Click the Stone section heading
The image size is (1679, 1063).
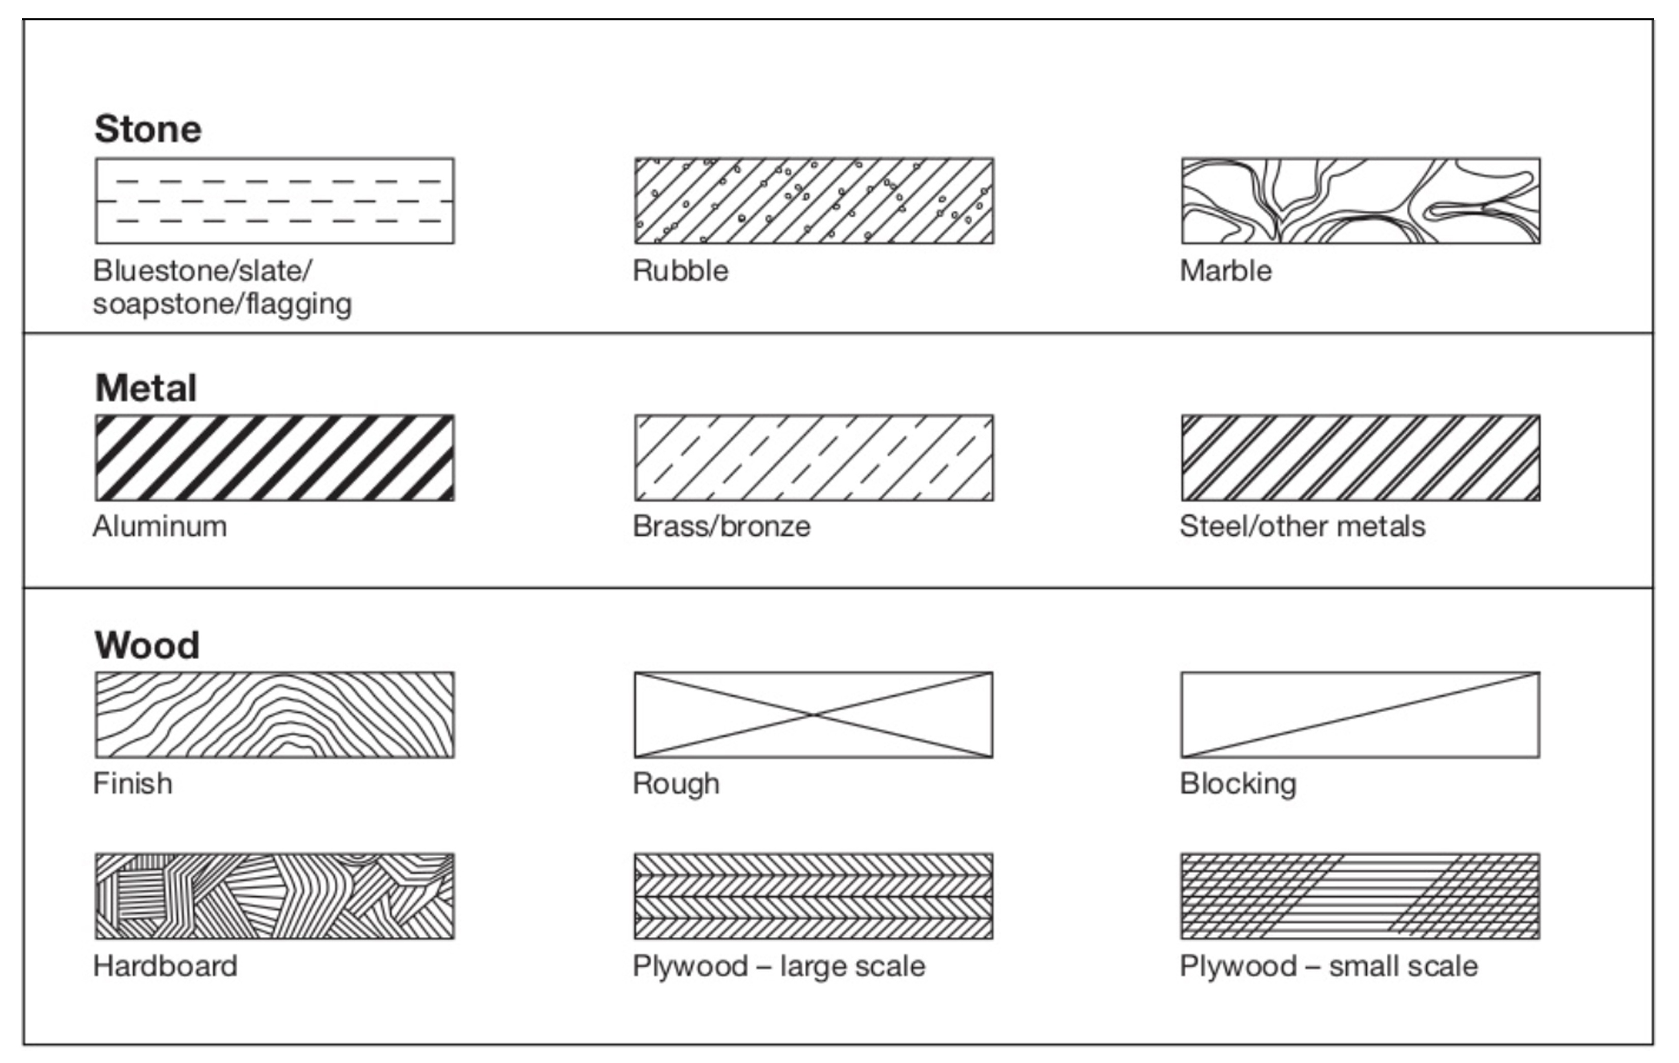148,129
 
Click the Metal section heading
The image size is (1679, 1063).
146,388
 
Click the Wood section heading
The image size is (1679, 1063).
147,645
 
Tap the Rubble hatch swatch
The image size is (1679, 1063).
814,201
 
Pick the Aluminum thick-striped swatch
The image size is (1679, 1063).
275,458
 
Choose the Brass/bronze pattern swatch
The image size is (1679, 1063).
814,458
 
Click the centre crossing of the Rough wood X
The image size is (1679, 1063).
813,714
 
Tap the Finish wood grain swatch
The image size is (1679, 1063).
275,714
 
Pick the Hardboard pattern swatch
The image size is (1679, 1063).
275,896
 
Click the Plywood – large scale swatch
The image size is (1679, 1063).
814,896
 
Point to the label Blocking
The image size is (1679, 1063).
1238,784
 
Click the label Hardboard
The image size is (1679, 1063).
165,966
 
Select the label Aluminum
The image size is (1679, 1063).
160,526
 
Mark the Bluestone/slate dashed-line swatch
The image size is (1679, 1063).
275,201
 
